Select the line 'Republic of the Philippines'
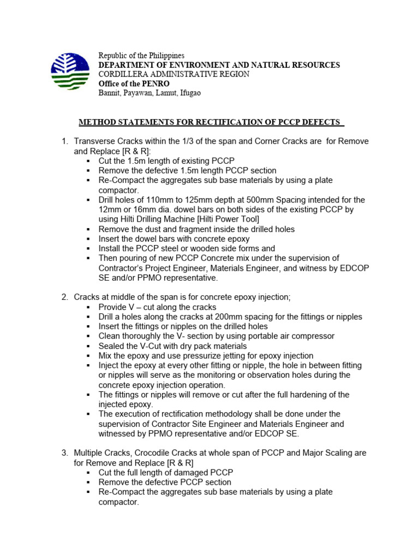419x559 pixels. point(141,56)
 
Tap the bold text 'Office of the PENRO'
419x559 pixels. point(134,84)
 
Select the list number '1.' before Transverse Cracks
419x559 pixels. point(64,141)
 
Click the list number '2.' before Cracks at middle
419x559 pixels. point(64,297)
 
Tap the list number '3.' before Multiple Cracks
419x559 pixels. point(64,453)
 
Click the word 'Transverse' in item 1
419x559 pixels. point(93,141)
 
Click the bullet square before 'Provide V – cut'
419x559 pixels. point(88,307)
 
